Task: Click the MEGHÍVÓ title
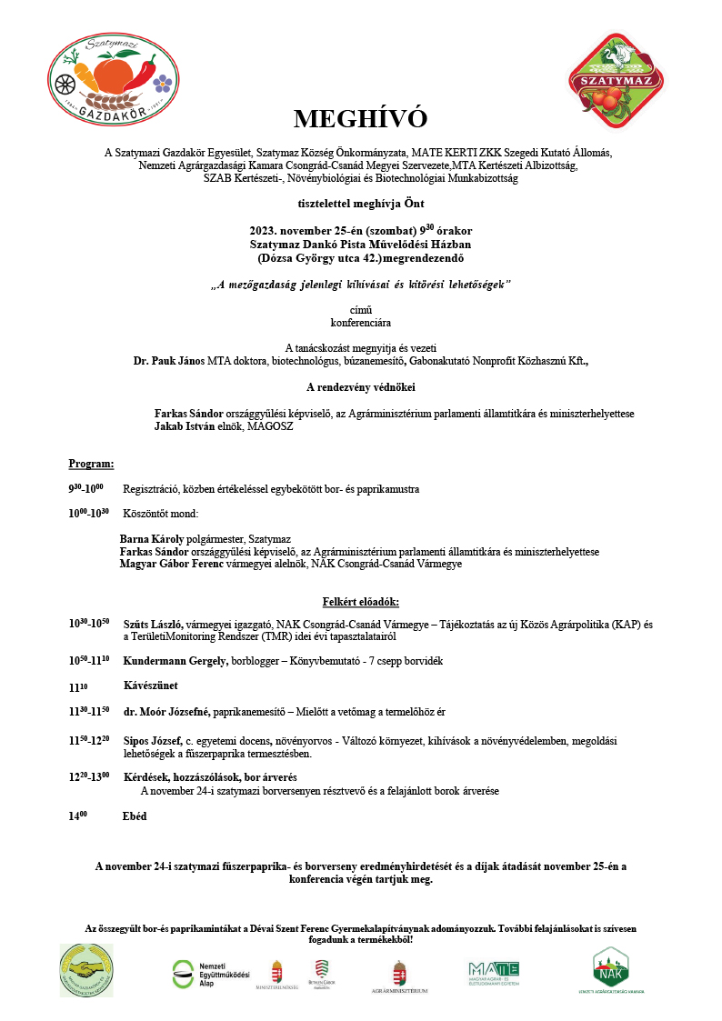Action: (360, 119)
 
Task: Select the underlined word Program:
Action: (91, 464)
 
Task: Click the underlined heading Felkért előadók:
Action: (360, 602)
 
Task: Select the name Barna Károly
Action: (150, 539)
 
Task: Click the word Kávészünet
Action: (152, 685)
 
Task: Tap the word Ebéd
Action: (134, 816)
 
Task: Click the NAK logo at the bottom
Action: (610, 968)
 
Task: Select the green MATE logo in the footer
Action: (494, 971)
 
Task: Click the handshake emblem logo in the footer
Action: (86, 970)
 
